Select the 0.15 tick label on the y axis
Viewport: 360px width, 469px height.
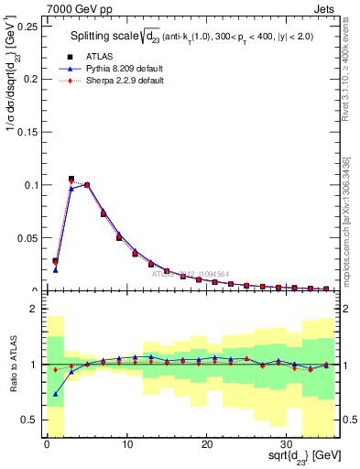[x=29, y=131]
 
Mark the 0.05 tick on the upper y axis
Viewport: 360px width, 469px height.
[x=29, y=237]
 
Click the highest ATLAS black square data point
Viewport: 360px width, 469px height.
[x=71, y=179]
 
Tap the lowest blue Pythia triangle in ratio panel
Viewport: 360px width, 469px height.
[x=55, y=395]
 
